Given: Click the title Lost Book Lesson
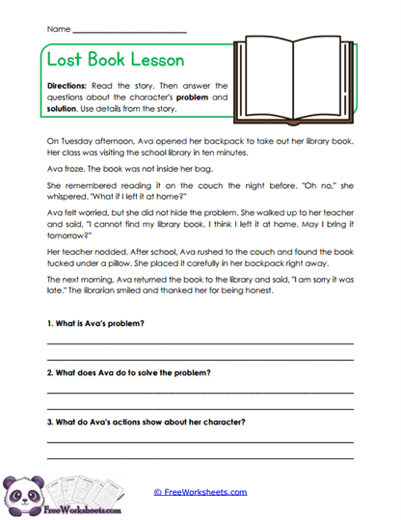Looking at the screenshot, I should [115, 59].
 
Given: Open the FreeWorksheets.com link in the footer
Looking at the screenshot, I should [200, 491].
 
